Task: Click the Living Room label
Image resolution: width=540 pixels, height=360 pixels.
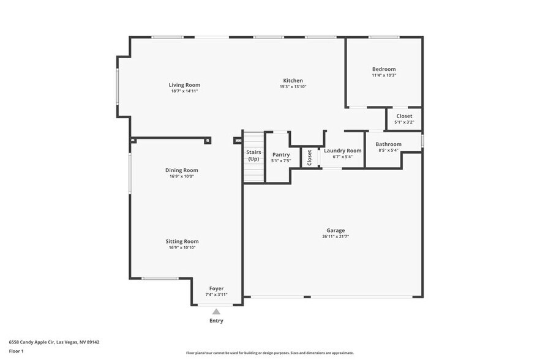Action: pyautogui.click(x=184, y=85)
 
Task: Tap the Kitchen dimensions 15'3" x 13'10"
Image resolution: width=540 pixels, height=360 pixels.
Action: pyautogui.click(x=293, y=87)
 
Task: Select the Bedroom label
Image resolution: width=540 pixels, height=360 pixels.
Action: pyautogui.click(x=384, y=69)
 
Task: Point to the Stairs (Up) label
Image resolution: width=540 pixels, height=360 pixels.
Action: pyautogui.click(x=253, y=155)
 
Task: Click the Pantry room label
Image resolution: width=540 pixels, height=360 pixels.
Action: pyautogui.click(x=280, y=155)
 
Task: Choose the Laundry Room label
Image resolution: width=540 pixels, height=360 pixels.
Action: pyautogui.click(x=342, y=151)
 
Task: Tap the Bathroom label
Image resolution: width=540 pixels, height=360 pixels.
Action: pyautogui.click(x=388, y=144)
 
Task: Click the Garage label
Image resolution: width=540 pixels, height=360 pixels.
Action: pyautogui.click(x=335, y=231)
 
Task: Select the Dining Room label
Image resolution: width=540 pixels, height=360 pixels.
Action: pyautogui.click(x=181, y=170)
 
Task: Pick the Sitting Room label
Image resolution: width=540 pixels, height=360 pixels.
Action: pyautogui.click(x=182, y=241)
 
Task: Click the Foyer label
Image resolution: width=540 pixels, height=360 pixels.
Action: pyautogui.click(x=216, y=288)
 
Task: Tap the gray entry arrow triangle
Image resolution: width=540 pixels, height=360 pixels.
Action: pyautogui.click(x=216, y=312)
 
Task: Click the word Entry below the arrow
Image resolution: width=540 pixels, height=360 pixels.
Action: pyautogui.click(x=216, y=321)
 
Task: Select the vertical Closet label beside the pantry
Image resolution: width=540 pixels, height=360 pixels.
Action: pyautogui.click(x=310, y=157)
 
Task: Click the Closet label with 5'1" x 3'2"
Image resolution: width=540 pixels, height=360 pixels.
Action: pyautogui.click(x=404, y=116)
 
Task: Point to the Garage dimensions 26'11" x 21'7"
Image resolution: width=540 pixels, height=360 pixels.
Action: pyautogui.click(x=335, y=237)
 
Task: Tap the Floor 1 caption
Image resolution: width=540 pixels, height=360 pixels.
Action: pyautogui.click(x=16, y=351)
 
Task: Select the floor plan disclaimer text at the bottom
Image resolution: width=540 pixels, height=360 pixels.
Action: pyautogui.click(x=269, y=353)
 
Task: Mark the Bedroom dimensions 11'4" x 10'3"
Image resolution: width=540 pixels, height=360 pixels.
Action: pyautogui.click(x=384, y=75)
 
